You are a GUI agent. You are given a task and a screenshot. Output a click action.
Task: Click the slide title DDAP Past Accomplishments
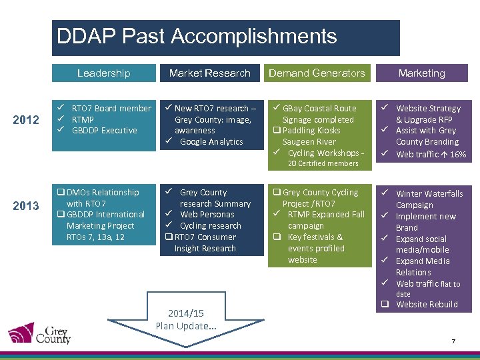197,36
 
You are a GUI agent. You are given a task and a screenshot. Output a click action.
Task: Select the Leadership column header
103,73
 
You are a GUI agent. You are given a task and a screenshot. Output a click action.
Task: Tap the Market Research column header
209,73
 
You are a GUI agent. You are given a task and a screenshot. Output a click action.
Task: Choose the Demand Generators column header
317,73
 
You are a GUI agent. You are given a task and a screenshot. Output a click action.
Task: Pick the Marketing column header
421,73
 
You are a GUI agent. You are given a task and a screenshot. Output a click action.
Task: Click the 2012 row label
26,120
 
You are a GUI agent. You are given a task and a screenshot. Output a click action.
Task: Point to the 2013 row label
26,205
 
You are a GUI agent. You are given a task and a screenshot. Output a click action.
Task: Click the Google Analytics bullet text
211,142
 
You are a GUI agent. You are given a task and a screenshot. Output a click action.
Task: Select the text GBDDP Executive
104,131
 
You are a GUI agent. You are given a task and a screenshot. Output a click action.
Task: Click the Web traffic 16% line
431,154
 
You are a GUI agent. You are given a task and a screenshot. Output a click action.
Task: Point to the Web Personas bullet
207,215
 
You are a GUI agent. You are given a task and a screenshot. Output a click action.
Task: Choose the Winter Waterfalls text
429,193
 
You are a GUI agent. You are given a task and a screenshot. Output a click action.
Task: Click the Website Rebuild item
427,305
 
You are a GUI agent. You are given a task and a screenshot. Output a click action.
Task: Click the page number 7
453,341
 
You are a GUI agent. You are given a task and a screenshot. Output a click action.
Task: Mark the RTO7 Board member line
111,108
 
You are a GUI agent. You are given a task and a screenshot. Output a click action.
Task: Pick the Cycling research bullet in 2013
210,226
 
